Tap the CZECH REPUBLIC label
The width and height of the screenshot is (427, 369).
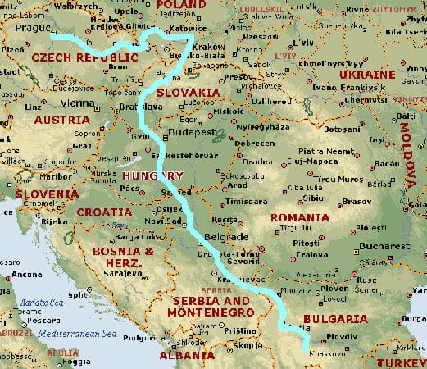tap(84, 58)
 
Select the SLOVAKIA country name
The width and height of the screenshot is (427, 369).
tap(189, 93)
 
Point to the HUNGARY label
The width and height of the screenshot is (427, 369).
tap(151, 176)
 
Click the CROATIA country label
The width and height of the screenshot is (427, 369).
tap(104, 212)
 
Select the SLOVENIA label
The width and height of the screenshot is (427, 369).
tap(46, 194)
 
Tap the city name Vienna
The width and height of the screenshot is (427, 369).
tap(77, 103)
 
